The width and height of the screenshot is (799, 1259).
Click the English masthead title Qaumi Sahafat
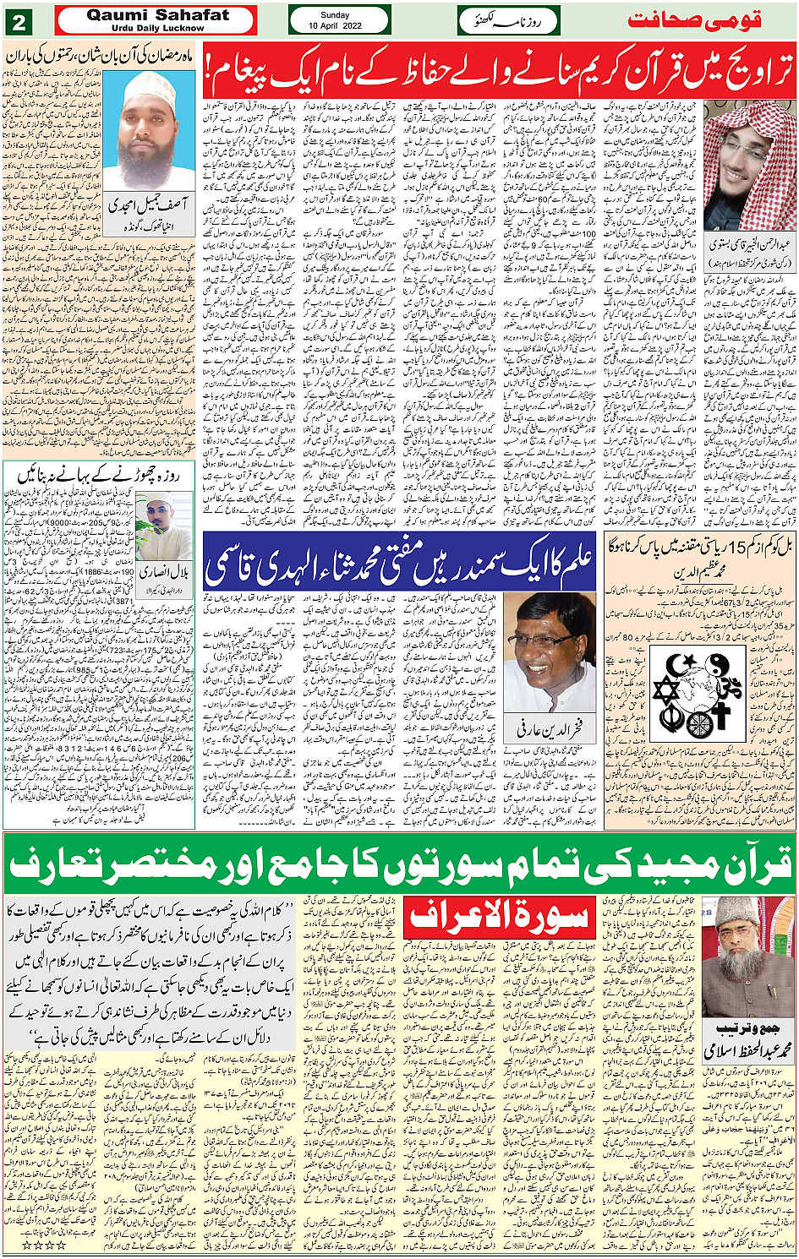(157, 15)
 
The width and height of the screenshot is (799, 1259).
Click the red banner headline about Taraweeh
(499, 70)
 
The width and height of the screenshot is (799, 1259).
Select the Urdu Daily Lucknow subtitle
(157, 28)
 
